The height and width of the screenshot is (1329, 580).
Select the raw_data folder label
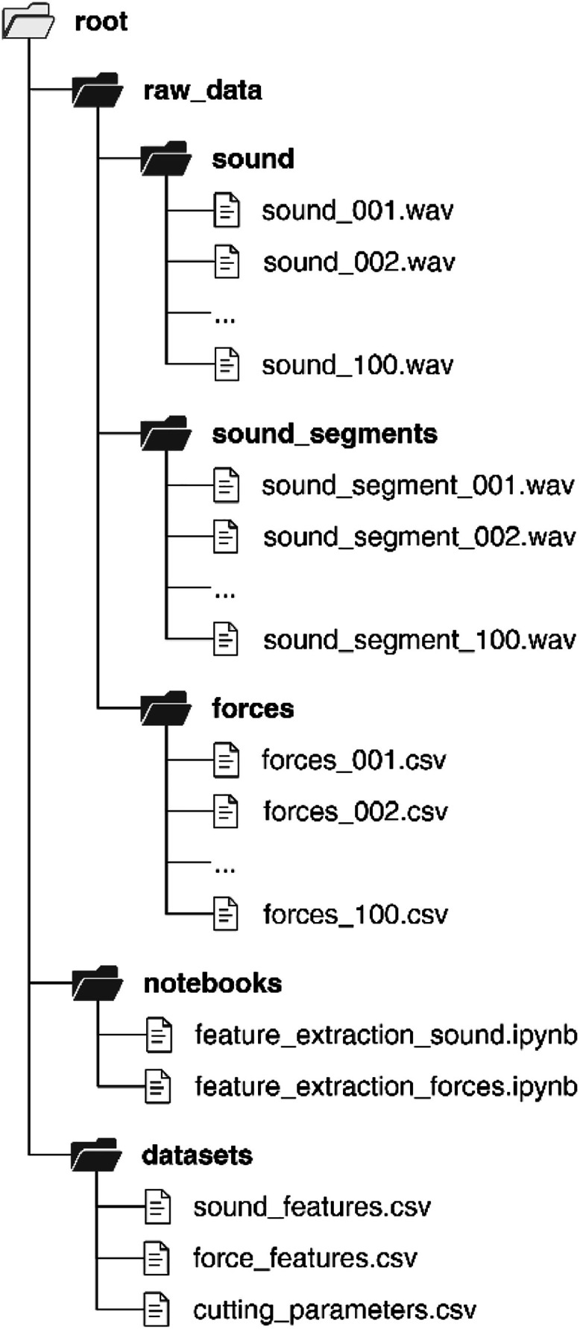202,90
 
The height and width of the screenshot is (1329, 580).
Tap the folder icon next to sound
166,158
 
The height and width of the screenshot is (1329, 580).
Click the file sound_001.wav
357,210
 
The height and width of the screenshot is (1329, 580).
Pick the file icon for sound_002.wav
227,262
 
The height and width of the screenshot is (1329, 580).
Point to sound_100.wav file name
357,364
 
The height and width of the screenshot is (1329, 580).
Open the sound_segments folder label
324,433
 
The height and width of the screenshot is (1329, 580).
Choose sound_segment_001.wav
417,485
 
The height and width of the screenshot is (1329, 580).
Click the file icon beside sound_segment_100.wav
227,640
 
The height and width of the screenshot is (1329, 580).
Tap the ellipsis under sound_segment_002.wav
224,594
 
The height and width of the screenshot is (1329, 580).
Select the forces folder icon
166,708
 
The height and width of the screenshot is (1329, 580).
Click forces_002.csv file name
356,811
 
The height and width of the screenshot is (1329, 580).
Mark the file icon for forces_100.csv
227,914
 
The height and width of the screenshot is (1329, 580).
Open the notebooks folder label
212,983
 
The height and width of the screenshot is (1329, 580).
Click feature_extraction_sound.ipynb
385,1035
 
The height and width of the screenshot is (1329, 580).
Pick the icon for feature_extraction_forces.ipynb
158,1086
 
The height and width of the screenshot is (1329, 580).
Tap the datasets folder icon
97,1155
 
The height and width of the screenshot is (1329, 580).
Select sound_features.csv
312,1207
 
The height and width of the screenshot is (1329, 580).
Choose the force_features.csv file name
305,1258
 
